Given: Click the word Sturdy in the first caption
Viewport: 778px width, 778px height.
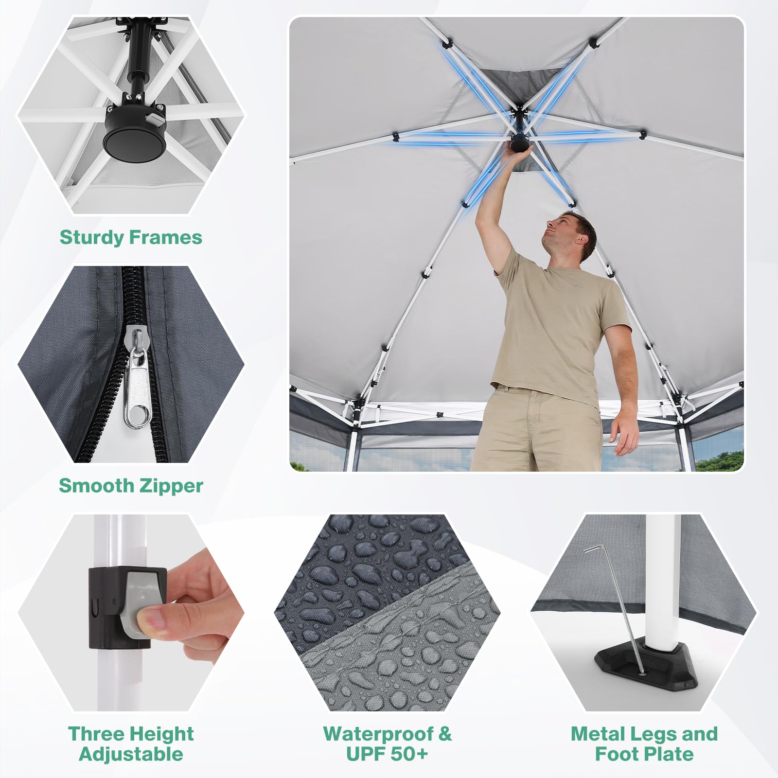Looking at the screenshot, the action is pyautogui.click(x=92, y=238).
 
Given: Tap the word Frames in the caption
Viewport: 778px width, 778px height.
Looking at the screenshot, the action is pyautogui.click(x=166, y=237).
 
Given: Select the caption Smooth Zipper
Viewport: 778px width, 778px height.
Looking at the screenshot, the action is pyautogui.click(x=131, y=486).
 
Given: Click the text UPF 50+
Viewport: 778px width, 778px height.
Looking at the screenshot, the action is pyautogui.click(x=387, y=754).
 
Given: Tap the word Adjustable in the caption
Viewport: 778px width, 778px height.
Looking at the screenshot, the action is pyautogui.click(x=131, y=754).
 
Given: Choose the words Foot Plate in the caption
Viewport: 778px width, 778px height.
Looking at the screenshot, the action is pyautogui.click(x=644, y=754).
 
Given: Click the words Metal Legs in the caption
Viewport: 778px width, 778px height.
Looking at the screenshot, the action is pyautogui.click(x=618, y=734).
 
